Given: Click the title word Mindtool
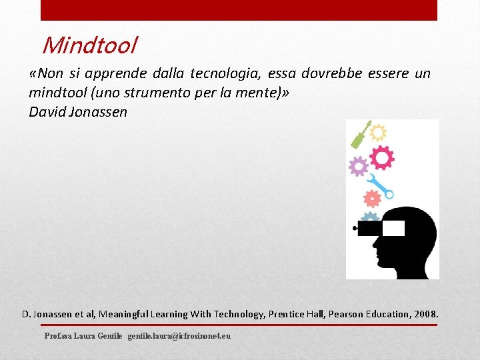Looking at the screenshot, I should pos(89,45).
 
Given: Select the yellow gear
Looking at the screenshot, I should pos(378,131).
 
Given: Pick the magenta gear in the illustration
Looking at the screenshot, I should pos(381,158).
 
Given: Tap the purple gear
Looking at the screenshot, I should pos(359,166).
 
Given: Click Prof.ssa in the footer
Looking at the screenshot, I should pos(59,336).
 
